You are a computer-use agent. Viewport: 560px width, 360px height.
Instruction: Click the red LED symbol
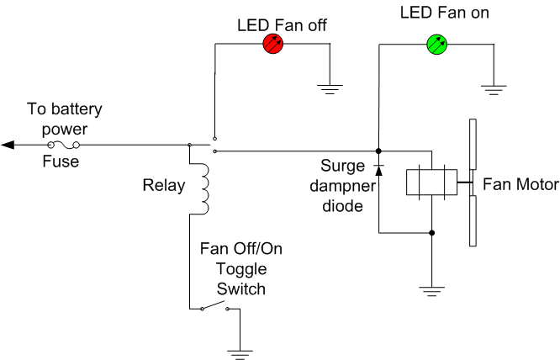coord(273,44)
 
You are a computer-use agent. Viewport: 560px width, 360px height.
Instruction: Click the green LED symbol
coord(436,45)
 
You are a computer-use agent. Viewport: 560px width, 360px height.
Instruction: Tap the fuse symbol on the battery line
coord(64,145)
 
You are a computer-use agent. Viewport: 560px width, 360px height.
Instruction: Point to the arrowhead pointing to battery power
coord(8,145)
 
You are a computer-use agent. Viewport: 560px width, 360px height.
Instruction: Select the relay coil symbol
coord(203,189)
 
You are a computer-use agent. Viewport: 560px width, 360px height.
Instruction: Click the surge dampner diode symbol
coord(378,171)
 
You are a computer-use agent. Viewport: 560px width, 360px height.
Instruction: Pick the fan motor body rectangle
coord(431,183)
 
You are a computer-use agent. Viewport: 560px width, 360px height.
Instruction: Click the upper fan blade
coord(473,144)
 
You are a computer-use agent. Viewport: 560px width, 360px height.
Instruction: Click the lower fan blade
coord(473,220)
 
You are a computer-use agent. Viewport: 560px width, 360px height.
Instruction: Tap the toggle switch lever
coord(214,305)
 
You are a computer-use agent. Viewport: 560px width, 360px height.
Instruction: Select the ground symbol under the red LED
coord(330,89)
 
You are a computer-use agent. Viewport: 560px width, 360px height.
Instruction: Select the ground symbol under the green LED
coord(494,90)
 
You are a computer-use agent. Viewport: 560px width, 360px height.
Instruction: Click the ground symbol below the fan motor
coord(431,291)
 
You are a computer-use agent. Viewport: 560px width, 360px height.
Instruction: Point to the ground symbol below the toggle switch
coord(240,355)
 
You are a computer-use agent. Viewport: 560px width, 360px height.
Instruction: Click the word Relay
coord(164,185)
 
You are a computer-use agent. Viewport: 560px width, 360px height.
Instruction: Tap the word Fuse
coord(61,161)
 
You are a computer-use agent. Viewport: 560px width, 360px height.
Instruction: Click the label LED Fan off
coord(282,25)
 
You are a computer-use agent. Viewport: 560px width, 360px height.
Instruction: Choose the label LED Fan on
coord(444,13)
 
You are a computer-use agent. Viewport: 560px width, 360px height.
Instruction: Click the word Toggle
coord(241,270)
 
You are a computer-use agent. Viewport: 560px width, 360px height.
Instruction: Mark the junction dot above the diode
coord(378,151)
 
